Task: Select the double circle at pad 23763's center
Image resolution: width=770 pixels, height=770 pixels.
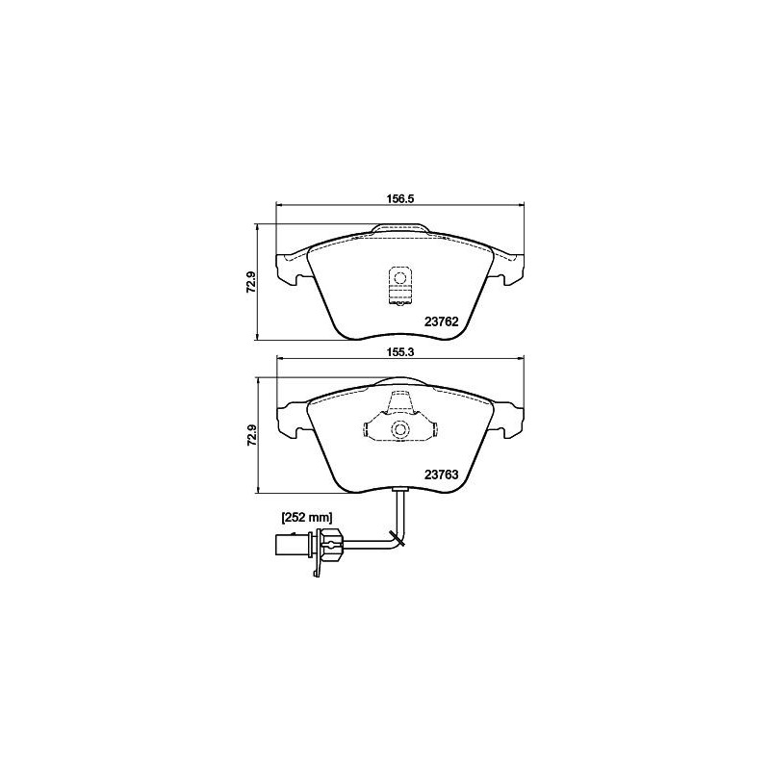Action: pyautogui.click(x=399, y=430)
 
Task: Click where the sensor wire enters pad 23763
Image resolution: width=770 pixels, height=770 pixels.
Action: pyautogui.click(x=399, y=492)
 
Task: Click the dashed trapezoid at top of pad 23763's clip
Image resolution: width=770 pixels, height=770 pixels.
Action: pyautogui.click(x=399, y=404)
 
